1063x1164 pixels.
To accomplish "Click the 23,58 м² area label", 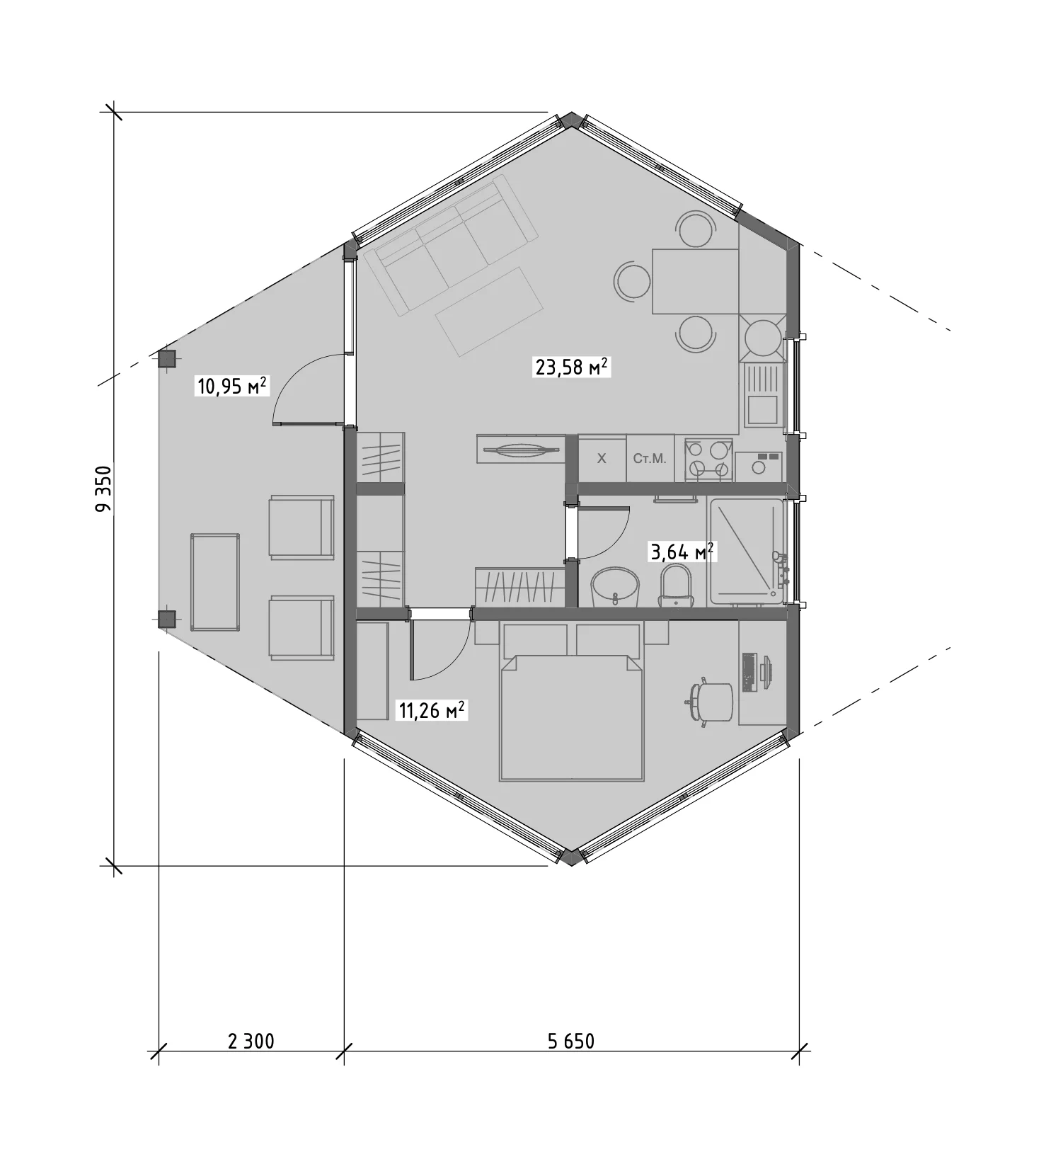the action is coord(571,367).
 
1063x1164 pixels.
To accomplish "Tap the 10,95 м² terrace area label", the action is coord(231,387).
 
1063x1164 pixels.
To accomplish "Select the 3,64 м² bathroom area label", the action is coord(682,552).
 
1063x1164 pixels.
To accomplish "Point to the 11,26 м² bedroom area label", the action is coord(431,710).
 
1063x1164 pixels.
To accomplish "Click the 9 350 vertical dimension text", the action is coord(104,489).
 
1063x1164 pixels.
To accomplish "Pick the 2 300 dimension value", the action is coord(251,1041).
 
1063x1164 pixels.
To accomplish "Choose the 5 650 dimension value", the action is coord(571,1041).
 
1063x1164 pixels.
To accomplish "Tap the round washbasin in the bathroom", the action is coord(615,587).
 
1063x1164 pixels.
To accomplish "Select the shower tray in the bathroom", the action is coord(747,552).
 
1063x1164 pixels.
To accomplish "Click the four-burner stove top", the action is coord(708,459).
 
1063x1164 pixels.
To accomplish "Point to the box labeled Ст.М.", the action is coord(650,459).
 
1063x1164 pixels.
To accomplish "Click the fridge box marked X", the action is coord(602,459).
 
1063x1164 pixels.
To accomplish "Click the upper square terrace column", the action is coord(166,358).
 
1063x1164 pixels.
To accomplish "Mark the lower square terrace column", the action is coord(166,620).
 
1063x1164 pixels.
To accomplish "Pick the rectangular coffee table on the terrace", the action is coord(215,582).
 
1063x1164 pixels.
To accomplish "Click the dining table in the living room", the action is coord(695,281).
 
